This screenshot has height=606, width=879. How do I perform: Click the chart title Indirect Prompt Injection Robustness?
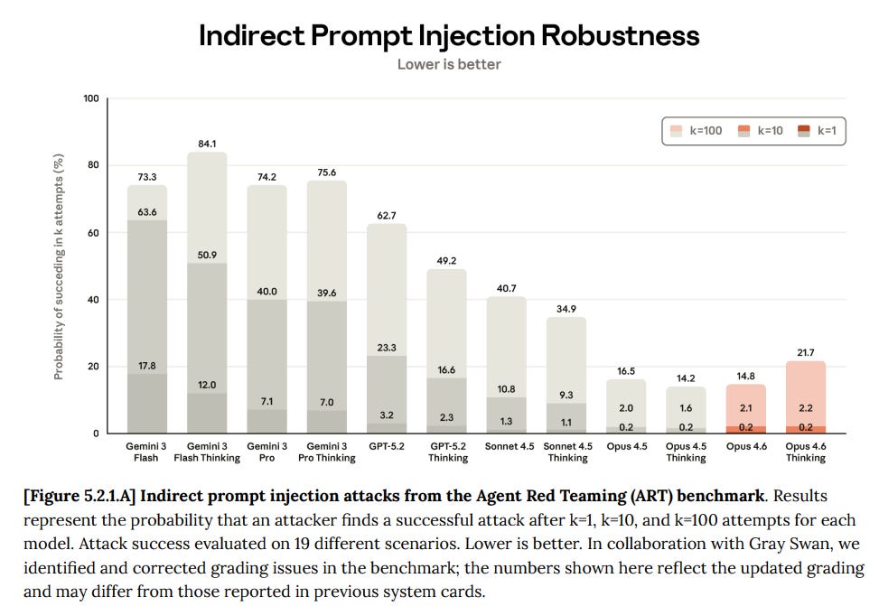click(x=449, y=36)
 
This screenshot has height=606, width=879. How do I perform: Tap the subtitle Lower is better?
click(x=449, y=64)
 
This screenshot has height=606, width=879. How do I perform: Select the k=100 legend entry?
click(x=697, y=131)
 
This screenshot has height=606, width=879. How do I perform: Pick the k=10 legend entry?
click(x=761, y=131)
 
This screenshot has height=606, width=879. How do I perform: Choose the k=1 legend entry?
click(x=818, y=131)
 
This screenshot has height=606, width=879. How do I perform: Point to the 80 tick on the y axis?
click(x=92, y=164)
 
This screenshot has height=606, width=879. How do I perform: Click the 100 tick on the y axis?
click(x=91, y=98)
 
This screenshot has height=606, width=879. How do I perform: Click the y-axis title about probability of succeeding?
click(x=59, y=266)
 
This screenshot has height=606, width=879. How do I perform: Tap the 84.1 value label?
click(x=207, y=145)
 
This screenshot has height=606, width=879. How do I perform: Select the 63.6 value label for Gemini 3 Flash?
click(x=147, y=212)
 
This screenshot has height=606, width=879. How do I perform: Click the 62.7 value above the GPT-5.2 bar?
click(x=387, y=216)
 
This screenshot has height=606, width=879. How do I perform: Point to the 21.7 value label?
click(x=806, y=352)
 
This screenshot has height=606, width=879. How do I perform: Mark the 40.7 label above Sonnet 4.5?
click(x=506, y=288)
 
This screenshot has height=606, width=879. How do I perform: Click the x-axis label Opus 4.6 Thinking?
click(x=806, y=452)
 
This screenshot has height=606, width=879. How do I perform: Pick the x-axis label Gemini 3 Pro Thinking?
click(x=327, y=452)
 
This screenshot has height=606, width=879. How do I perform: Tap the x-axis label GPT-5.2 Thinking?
click(x=448, y=452)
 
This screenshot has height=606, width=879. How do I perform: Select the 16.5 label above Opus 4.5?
click(x=626, y=371)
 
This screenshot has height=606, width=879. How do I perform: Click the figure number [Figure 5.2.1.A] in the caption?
click(x=79, y=496)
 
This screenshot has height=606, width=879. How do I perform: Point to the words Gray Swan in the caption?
click(x=784, y=544)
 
